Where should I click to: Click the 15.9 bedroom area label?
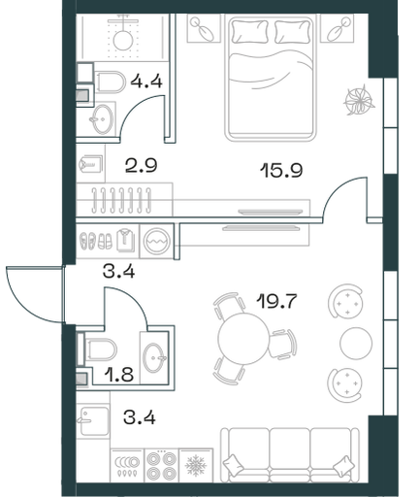(281, 170)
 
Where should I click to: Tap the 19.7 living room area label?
(276, 301)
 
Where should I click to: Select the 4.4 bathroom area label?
(146, 81)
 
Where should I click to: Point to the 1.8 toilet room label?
(118, 375)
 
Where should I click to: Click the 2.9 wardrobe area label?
(141, 165)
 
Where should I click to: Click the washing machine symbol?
(157, 241)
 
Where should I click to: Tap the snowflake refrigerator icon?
(196, 466)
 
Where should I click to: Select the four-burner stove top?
(161, 465)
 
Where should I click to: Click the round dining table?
(243, 339)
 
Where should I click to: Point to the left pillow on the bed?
(248, 31)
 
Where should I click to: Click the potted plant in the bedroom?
(359, 100)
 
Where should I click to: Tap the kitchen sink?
(94, 420)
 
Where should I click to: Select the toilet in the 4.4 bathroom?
(111, 82)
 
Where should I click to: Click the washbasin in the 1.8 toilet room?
(154, 357)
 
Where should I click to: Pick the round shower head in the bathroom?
(123, 40)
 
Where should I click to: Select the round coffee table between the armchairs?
(356, 343)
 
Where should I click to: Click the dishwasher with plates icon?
(127, 466)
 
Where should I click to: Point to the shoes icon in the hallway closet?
(96, 241)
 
